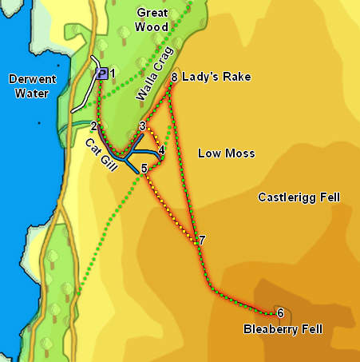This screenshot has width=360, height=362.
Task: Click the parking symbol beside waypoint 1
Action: click(101, 74)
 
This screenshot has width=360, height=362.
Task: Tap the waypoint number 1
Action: click(113, 74)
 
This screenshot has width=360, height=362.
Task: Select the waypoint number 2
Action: click(94, 126)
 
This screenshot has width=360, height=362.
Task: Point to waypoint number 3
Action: click(143, 126)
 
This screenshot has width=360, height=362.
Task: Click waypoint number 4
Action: click(161, 149)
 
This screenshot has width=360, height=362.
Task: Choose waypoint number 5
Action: click(144, 169)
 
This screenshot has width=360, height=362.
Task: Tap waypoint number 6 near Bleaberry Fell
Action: click(279, 312)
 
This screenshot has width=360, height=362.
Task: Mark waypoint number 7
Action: click(202, 241)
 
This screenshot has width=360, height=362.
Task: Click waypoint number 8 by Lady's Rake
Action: click(174, 78)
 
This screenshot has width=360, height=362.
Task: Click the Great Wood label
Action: click(152, 20)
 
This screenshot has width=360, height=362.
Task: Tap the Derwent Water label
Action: click(29, 86)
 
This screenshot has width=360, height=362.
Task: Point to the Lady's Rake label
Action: click(216, 78)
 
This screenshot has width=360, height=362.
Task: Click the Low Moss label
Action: click(227, 153)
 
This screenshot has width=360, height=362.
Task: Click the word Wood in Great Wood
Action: click(152, 27)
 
